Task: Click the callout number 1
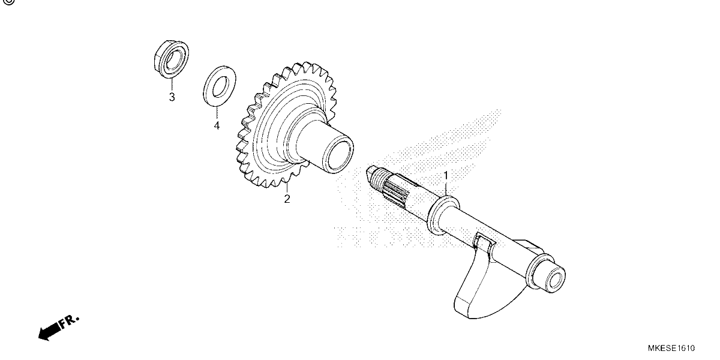(x=446, y=175)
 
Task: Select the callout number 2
(x=287, y=199)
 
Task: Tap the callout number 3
(x=172, y=97)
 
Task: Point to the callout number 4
(x=217, y=125)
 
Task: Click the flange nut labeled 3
(x=171, y=59)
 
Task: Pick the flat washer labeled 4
(x=220, y=86)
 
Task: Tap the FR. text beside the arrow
(x=68, y=322)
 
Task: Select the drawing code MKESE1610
(x=671, y=348)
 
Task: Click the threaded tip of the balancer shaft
(x=377, y=178)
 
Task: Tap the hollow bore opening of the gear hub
(x=339, y=155)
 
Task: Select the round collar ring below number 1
(x=443, y=216)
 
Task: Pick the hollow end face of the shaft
(x=554, y=278)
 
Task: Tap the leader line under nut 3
(x=172, y=84)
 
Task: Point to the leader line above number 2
(x=287, y=187)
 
